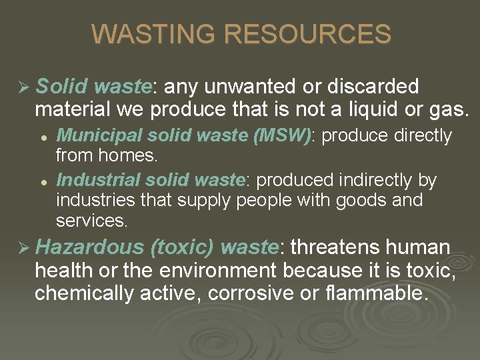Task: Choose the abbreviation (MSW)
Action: [282, 136]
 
